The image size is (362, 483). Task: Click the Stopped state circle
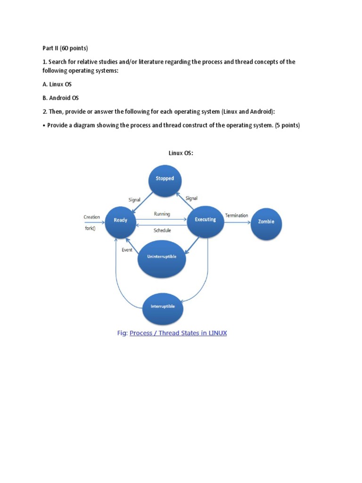(x=165, y=179)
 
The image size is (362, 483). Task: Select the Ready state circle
(x=120, y=221)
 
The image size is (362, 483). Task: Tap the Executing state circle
(x=205, y=220)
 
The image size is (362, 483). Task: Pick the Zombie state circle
(x=266, y=222)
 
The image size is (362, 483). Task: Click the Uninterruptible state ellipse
(x=162, y=257)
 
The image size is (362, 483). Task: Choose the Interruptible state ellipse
(x=163, y=307)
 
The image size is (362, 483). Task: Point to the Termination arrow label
(x=236, y=216)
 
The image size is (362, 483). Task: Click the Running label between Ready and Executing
(x=162, y=214)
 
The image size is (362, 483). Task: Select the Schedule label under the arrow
(x=162, y=231)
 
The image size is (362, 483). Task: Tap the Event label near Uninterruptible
(x=127, y=250)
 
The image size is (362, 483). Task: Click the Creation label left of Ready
(x=91, y=217)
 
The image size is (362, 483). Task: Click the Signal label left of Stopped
(x=135, y=200)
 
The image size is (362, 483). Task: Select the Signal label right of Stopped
(x=191, y=199)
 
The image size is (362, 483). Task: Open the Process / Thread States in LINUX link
(x=178, y=333)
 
